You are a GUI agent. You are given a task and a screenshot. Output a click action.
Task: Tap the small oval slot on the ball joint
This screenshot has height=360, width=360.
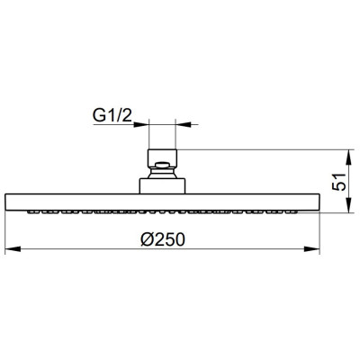click(x=164, y=165)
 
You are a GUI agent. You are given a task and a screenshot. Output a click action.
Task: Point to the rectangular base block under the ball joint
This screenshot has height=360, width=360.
click(x=164, y=183)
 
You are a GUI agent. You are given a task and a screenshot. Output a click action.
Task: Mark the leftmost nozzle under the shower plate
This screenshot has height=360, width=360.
click(x=32, y=211)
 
